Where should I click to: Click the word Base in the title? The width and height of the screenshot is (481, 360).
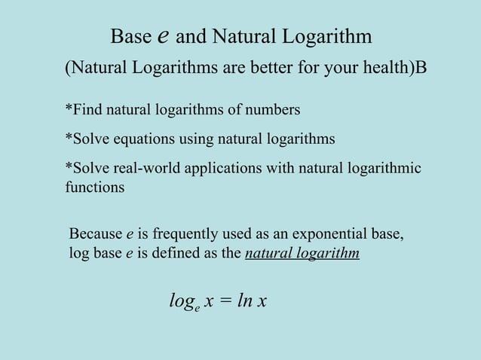click(131, 36)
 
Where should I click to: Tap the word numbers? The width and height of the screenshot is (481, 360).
click(272, 111)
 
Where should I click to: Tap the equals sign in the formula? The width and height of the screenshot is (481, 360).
click(226, 302)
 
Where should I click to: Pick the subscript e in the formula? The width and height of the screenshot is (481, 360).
click(196, 308)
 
